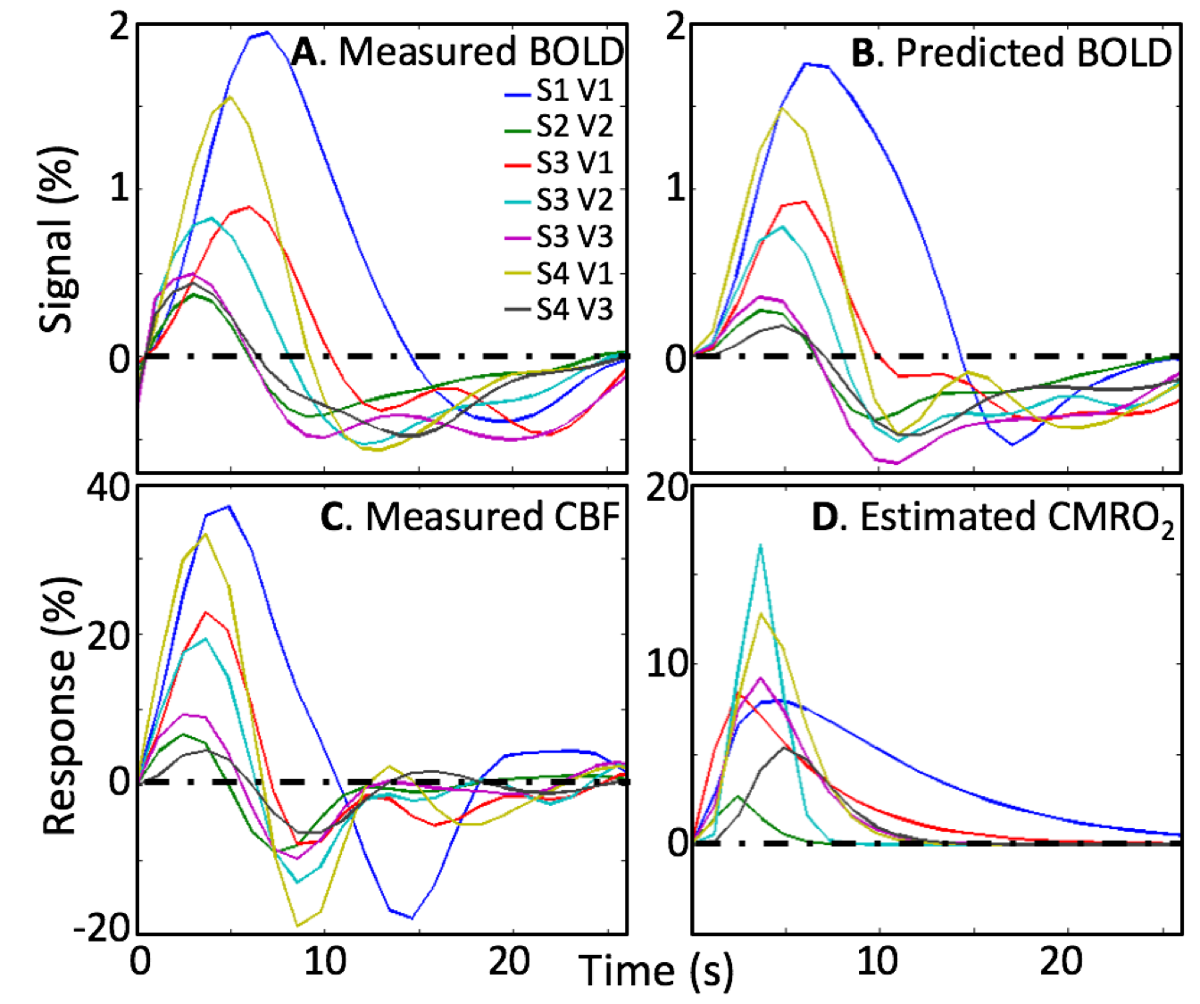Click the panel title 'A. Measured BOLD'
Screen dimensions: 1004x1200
(x=457, y=53)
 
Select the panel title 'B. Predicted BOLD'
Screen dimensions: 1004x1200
(x=1011, y=53)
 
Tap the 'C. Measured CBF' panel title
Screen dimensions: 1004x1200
(x=470, y=517)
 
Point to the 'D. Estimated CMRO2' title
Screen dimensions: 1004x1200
(x=993, y=519)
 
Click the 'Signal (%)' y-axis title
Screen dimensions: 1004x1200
(x=59, y=239)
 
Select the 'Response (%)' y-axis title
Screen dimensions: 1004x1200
(x=61, y=705)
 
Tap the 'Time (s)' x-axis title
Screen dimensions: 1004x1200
(x=656, y=970)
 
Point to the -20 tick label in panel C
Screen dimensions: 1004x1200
(x=100, y=929)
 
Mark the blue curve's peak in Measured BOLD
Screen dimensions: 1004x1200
(x=265, y=33)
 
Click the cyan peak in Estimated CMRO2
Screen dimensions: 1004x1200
(x=761, y=545)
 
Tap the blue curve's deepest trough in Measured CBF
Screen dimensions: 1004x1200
(x=411, y=917)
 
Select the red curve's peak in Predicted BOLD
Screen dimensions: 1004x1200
(x=804, y=202)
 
